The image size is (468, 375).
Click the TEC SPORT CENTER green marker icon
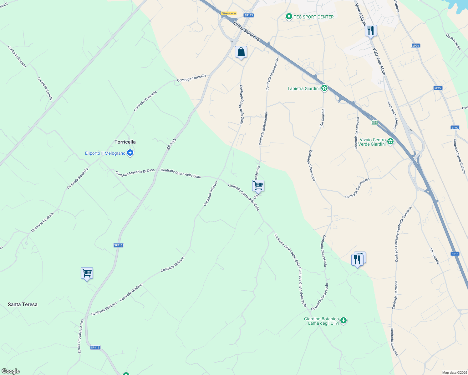pos(289,17)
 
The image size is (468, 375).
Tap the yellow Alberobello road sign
pos(228,13)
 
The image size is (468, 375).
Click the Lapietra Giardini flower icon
pos(324,88)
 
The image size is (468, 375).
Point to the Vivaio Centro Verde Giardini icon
pos(390,142)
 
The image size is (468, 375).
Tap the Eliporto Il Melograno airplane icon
pos(130,153)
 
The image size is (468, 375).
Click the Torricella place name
pos(125,142)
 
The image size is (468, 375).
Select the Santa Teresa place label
pos(23,304)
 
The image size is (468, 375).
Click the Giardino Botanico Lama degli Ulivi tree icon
pos(343,321)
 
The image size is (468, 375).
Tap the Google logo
pos(10,371)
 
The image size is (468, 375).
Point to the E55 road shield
pos(374,122)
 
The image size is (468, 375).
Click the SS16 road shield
pos(455,254)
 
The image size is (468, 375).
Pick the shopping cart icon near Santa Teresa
pos(87,273)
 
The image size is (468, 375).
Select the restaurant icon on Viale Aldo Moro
pos(370,31)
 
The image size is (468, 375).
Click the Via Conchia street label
pos(322,117)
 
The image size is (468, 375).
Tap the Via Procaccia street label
pos(454,42)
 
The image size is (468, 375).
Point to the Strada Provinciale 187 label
pos(81,336)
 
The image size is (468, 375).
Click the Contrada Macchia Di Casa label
pos(135,172)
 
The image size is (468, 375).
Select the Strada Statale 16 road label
pos(247,32)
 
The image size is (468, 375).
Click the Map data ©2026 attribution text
pos(455,372)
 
